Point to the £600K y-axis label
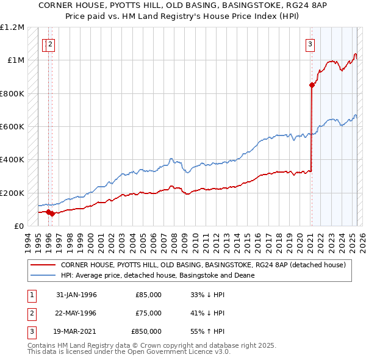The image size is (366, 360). click(12, 127)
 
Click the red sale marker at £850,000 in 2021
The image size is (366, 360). click(312, 85)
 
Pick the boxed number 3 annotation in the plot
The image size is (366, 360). click(310, 43)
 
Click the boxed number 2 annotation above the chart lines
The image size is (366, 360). click(51, 43)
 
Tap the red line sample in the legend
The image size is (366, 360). click(43, 265)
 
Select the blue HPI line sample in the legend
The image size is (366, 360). click(43, 275)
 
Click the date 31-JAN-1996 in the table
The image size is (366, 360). click(76, 295)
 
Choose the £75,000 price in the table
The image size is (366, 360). click(148, 313)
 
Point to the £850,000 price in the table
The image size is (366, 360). click(146, 331)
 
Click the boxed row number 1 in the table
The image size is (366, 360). click(30, 295)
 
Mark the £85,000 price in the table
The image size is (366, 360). click(148, 295)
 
